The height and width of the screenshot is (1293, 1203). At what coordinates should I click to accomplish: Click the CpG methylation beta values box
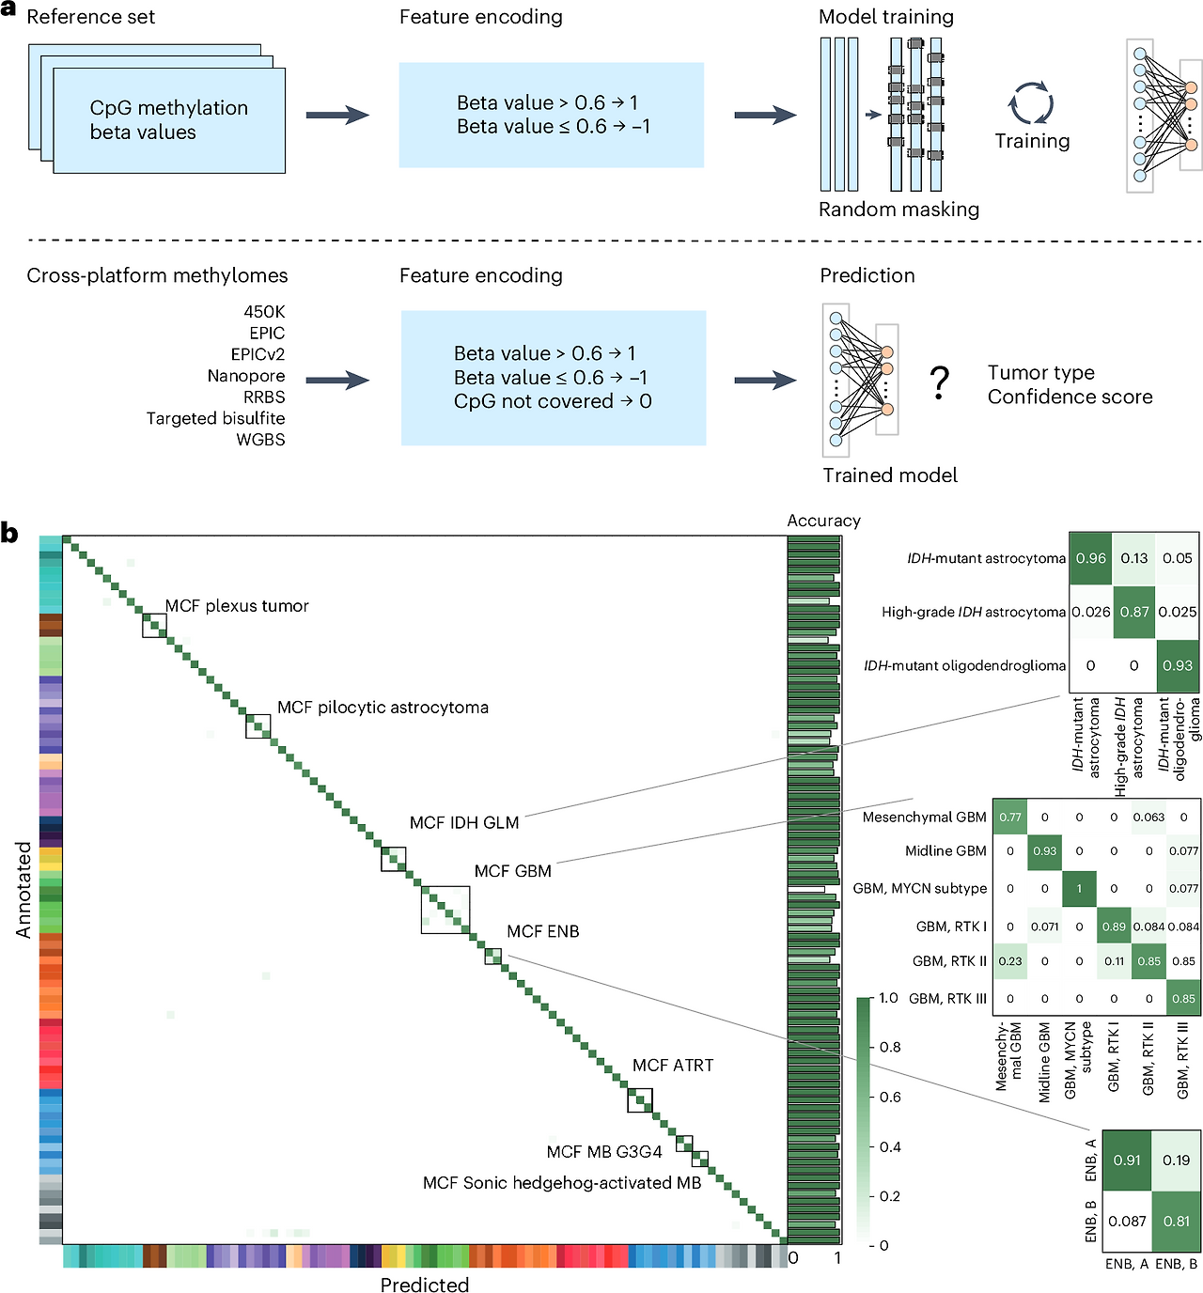click(169, 120)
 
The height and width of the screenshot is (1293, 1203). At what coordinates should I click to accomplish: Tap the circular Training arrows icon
click(1030, 102)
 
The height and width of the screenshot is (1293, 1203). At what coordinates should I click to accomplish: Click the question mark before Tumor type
click(939, 382)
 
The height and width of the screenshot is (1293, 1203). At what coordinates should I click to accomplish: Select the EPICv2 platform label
click(258, 354)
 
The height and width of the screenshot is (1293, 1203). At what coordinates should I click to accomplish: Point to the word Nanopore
click(246, 376)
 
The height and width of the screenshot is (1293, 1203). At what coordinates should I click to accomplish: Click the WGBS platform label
click(260, 440)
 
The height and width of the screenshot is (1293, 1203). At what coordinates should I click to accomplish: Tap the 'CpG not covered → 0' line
click(553, 401)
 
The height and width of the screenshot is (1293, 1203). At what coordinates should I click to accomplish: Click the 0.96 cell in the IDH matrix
click(1090, 558)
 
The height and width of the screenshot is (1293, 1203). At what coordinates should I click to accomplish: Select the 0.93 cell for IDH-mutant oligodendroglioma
click(1177, 665)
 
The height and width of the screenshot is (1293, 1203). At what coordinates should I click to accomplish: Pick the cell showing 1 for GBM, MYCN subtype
click(1079, 888)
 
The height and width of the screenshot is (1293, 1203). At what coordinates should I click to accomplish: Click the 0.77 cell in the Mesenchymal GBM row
click(1010, 817)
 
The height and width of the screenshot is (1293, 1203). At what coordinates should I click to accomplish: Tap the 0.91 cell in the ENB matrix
click(1127, 1160)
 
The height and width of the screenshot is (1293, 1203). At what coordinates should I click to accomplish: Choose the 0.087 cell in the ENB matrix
click(1127, 1222)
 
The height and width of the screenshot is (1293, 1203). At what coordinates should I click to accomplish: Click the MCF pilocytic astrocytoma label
click(383, 708)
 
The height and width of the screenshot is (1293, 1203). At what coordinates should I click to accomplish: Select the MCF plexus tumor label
click(237, 606)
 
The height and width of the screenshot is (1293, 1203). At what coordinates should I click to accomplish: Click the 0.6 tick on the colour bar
click(890, 1097)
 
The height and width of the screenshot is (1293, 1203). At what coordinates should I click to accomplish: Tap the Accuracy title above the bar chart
click(824, 521)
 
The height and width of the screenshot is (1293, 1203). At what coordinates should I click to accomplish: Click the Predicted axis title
click(425, 1284)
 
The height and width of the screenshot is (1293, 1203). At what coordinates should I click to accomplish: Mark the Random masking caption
click(898, 210)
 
